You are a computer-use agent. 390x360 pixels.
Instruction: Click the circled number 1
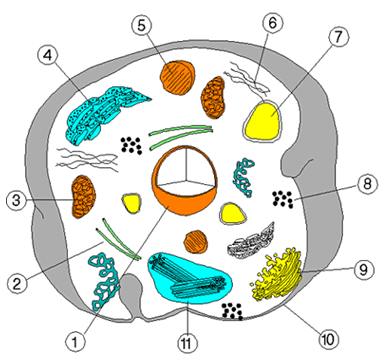(x=74, y=341)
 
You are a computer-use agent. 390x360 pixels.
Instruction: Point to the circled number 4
(x=46, y=56)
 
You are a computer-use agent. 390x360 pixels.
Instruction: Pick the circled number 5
(x=144, y=23)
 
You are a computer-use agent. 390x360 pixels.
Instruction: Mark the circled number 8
(x=369, y=186)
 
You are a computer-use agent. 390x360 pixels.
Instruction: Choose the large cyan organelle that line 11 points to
(x=190, y=281)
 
